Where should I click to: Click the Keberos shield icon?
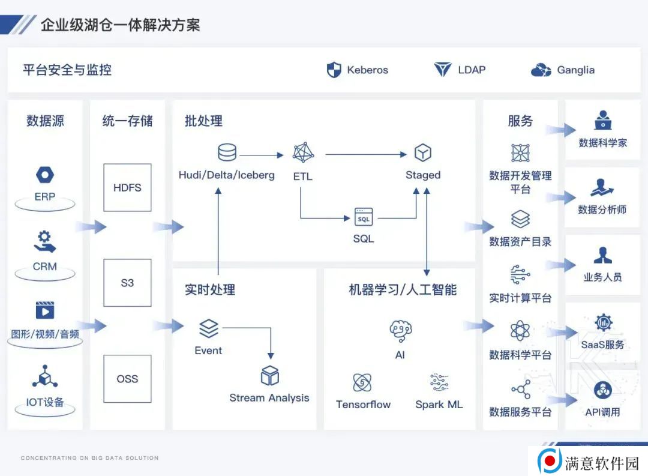tap(334, 70)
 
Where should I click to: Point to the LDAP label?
tap(472, 70)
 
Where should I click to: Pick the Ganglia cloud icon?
tap(541, 70)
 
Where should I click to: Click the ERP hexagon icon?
tap(45, 175)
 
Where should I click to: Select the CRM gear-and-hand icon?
tap(44, 241)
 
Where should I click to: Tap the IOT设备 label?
tap(45, 402)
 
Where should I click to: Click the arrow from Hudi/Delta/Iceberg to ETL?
tap(262, 155)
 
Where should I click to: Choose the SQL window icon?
tap(364, 217)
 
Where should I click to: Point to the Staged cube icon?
tap(423, 152)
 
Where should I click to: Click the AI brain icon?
tap(400, 330)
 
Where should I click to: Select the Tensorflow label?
tap(363, 405)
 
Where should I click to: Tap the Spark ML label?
tap(439, 405)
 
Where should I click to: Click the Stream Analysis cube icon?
tap(270, 376)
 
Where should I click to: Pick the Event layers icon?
tap(209, 329)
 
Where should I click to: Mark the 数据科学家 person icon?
tap(603, 120)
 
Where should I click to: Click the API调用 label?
tap(602, 412)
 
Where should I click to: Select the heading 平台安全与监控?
tap(67, 70)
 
